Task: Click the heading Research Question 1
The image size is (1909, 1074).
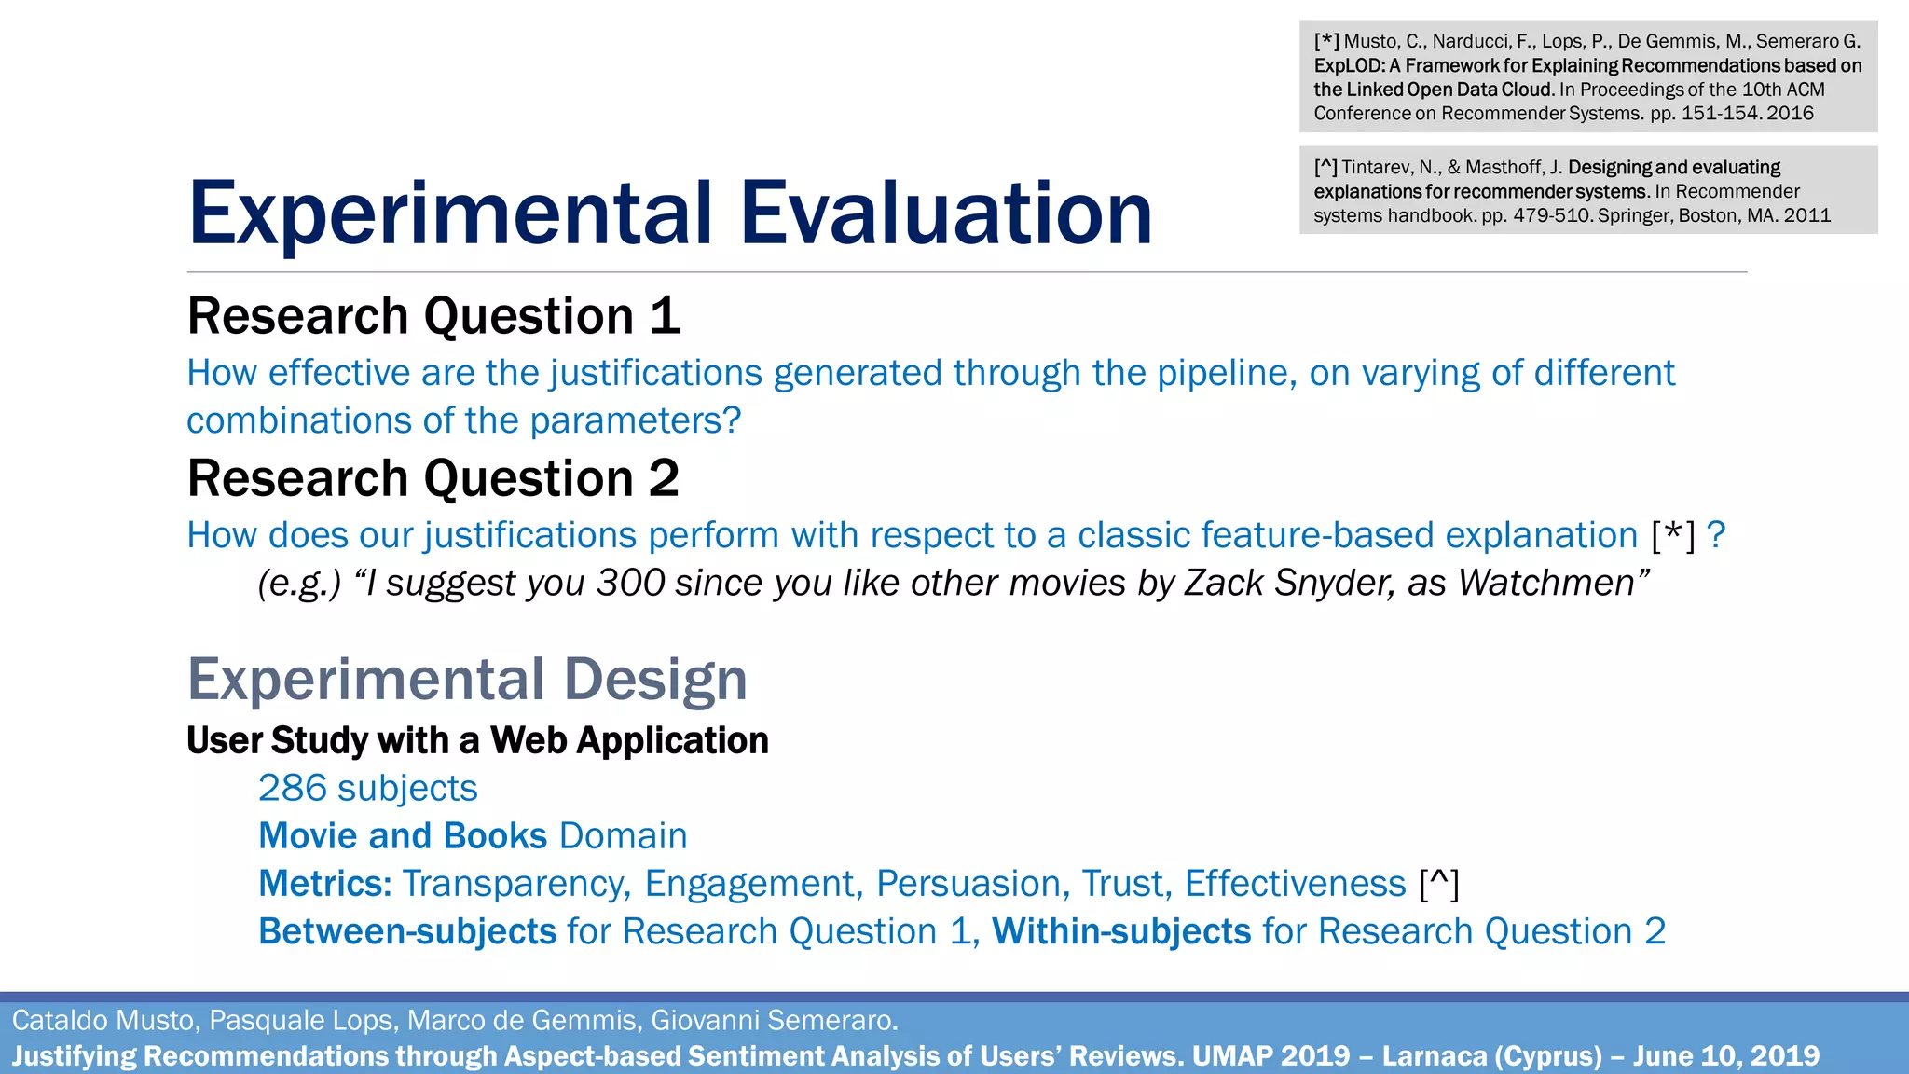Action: [x=433, y=316]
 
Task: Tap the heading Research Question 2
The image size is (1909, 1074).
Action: [x=433, y=478]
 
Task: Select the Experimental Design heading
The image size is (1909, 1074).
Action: [x=467, y=679]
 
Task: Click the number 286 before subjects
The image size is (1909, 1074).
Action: [x=293, y=789]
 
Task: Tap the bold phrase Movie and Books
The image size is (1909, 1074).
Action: [x=402, y=836]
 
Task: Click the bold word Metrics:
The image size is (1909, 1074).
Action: [x=324, y=884]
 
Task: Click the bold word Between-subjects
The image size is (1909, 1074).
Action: [x=407, y=931]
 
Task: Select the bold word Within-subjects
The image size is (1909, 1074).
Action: [x=1121, y=931]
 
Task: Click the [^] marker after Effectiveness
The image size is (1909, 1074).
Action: [x=1438, y=884]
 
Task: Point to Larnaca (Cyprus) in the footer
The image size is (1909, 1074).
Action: [x=1491, y=1055]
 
